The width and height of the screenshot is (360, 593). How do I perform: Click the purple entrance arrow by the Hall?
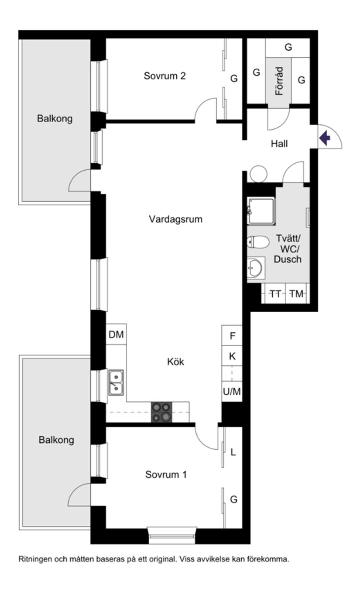[x=325, y=138]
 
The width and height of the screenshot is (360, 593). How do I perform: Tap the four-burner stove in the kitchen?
[x=161, y=412]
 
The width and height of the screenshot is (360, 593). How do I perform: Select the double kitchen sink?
[x=116, y=383]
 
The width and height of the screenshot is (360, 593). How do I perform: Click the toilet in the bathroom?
[x=257, y=241]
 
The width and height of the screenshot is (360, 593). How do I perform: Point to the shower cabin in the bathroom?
[x=261, y=211]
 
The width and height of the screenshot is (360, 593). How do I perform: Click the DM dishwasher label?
[x=116, y=335]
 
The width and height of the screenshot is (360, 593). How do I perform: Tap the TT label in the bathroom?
[x=275, y=294]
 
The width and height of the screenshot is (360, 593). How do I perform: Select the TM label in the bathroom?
[x=297, y=294]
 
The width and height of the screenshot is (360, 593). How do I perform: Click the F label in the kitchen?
[x=232, y=336]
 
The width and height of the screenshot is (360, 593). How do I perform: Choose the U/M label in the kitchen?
[x=232, y=392]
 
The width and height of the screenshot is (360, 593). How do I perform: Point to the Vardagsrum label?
[x=176, y=219]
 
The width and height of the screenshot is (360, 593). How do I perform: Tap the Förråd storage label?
[x=279, y=81]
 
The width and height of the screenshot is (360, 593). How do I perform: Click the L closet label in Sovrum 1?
[x=233, y=452]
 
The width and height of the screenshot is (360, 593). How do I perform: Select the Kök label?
[x=176, y=362]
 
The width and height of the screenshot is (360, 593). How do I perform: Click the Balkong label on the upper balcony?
[x=55, y=118]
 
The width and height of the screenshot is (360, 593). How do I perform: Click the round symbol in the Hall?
[x=258, y=173]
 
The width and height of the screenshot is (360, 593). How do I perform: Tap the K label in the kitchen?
[x=232, y=356]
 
